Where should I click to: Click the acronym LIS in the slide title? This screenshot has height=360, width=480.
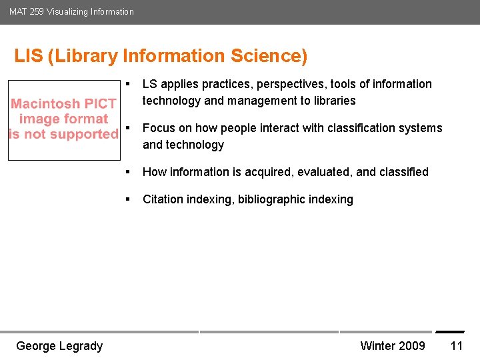point(29,56)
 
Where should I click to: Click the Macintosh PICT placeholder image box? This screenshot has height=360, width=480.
point(64,119)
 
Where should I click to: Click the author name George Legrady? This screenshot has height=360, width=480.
point(59,345)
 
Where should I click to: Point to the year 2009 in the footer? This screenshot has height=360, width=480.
point(412,345)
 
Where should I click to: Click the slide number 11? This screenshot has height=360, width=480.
point(457,345)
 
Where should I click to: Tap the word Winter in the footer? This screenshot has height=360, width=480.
point(378,345)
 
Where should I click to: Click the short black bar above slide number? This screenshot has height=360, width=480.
point(450,332)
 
